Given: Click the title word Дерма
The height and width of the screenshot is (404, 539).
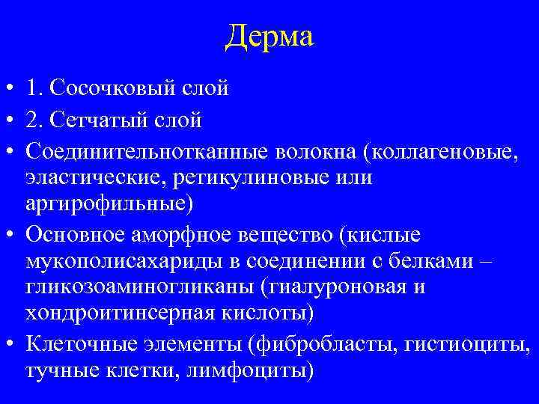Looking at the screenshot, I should coord(269,35).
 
